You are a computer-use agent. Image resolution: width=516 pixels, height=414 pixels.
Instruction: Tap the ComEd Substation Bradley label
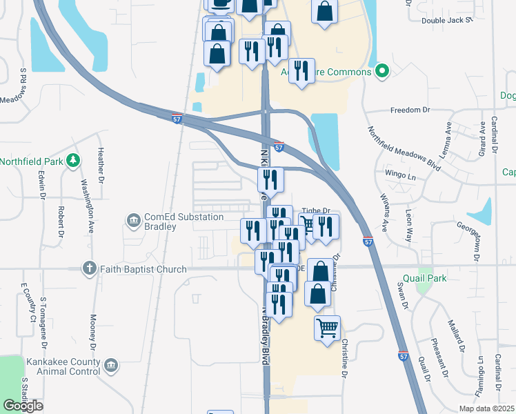pyautogui.click(x=183, y=221)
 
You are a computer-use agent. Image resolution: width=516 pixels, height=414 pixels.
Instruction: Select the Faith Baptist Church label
pyautogui.click(x=143, y=269)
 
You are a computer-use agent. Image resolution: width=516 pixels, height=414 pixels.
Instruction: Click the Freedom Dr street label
pyautogui.click(x=410, y=110)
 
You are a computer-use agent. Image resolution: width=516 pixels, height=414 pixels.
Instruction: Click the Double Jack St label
pyautogui.click(x=446, y=20)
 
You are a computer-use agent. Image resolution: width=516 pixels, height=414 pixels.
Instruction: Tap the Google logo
pyautogui.click(x=23, y=406)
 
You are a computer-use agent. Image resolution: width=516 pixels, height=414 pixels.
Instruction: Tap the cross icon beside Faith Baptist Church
pyautogui.click(x=88, y=268)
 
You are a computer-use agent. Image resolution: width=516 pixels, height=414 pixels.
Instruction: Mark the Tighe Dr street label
pyautogui.click(x=317, y=212)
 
